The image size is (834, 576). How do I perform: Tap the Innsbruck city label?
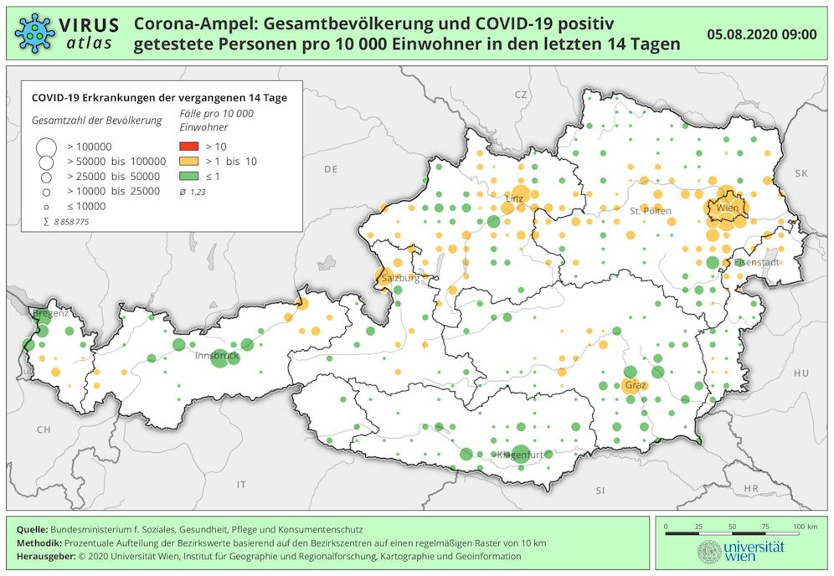click(x=217, y=356)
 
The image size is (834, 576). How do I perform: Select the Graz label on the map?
click(x=636, y=386)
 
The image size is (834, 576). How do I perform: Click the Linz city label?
click(x=514, y=198)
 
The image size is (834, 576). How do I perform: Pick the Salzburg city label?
click(x=399, y=277)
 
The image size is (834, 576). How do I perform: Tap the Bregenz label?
click(x=50, y=313)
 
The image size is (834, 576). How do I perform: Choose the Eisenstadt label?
click(x=756, y=262)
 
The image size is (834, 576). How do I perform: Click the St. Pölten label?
click(x=650, y=211)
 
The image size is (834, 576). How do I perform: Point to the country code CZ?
click(x=521, y=95)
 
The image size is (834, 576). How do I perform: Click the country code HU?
click(x=801, y=373)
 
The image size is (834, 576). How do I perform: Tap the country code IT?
click(x=242, y=485)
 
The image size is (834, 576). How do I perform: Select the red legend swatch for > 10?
click(x=188, y=147)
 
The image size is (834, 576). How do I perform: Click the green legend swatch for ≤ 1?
click(x=188, y=176)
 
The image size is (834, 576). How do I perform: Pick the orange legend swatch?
click(x=188, y=161)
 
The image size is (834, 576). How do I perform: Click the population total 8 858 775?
click(x=70, y=222)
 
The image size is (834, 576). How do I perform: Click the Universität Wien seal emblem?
click(x=709, y=552)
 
